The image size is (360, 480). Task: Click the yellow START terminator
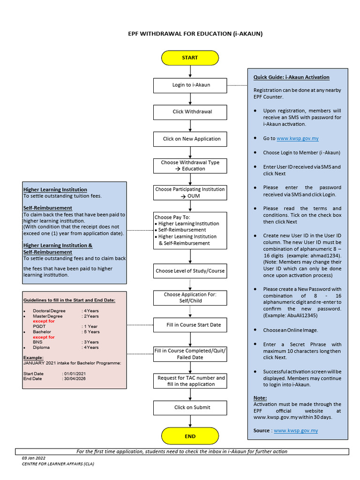coord(190,58)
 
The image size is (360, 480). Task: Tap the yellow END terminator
coord(190,436)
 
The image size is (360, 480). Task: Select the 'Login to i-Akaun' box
coord(190,85)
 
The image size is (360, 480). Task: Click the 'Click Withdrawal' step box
coord(190,112)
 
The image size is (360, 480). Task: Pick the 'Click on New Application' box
coord(190,139)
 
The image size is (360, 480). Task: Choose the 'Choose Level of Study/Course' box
coord(190,271)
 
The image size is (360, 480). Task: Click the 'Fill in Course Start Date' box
coord(190,325)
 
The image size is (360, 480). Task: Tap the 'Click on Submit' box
coord(190,407)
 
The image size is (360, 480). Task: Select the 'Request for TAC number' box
coord(190,381)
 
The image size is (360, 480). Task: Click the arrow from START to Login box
coord(190,71)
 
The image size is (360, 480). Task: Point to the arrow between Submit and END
coord(190,421)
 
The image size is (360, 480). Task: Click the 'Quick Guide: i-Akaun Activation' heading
coord(292,77)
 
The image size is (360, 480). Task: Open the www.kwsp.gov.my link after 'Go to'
coord(297,139)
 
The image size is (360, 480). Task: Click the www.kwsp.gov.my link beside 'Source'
coord(296,430)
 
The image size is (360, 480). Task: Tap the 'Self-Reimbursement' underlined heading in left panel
coord(48,208)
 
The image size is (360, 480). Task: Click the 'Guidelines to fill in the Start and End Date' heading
coord(69,300)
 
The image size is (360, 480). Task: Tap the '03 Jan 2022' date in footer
coord(34,458)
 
